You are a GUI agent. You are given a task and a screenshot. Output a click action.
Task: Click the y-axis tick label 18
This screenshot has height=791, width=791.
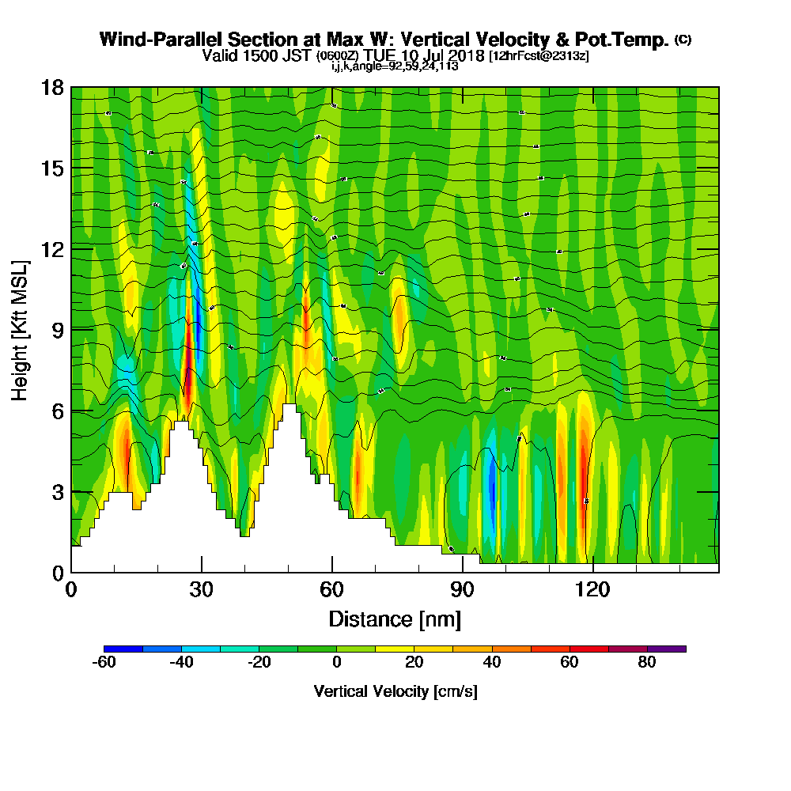coord(53,87)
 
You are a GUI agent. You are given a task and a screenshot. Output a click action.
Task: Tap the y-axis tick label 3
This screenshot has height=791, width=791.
coord(58,491)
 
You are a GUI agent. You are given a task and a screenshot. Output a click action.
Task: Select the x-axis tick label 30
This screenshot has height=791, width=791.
coord(202,589)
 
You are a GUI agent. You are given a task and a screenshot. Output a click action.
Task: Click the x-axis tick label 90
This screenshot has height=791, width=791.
coord(462,589)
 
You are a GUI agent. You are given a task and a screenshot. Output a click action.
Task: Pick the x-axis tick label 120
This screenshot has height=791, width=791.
coord(592,589)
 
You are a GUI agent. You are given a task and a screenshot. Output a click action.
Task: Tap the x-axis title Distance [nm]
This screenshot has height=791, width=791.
coord(395,619)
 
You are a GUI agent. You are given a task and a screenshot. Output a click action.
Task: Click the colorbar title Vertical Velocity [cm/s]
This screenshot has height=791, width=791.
coord(395,691)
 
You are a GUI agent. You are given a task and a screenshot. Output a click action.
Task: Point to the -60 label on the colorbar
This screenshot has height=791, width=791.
coord(104,663)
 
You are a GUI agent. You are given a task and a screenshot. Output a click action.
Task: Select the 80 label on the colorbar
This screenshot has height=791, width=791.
coord(647,663)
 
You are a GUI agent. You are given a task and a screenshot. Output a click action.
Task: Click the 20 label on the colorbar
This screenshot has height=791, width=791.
coord(414,663)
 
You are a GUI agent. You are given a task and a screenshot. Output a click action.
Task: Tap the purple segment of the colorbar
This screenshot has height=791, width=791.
coord(666,649)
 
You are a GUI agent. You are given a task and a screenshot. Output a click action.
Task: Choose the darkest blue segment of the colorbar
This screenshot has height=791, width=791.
coord(123,649)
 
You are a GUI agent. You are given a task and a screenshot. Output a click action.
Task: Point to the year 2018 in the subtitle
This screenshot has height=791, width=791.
coord(467,56)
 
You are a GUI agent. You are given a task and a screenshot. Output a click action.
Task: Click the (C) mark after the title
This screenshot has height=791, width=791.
coord(683,40)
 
